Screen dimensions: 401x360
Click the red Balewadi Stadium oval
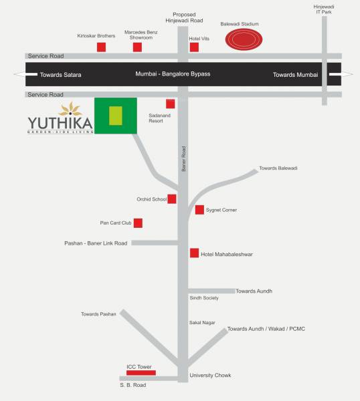(243, 40)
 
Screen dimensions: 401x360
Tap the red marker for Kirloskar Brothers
(102, 47)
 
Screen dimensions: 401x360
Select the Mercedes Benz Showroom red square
(137, 47)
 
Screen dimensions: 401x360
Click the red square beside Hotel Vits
(194, 47)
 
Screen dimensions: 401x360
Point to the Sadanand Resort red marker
(170, 104)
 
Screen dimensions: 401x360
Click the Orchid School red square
(172, 198)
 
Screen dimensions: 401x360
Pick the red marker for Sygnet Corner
(199, 210)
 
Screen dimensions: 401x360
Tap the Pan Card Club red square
(138, 223)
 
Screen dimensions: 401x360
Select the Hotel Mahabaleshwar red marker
(194, 253)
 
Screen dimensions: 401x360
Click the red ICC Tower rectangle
(141, 372)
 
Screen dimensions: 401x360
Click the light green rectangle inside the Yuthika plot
(116, 116)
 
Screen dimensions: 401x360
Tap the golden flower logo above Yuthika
(70, 109)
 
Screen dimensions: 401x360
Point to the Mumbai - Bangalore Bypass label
(173, 74)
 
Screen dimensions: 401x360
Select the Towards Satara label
(60, 75)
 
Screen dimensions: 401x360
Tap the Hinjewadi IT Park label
(324, 9)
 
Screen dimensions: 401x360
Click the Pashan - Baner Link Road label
(96, 243)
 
